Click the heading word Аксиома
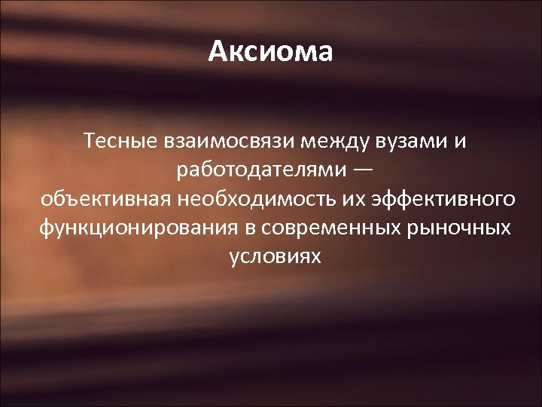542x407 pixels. coord(270,52)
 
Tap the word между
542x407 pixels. coord(307,141)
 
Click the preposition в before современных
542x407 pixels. coord(253,228)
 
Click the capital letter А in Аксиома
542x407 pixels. coord(218,52)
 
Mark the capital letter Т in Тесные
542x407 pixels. coord(90,141)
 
